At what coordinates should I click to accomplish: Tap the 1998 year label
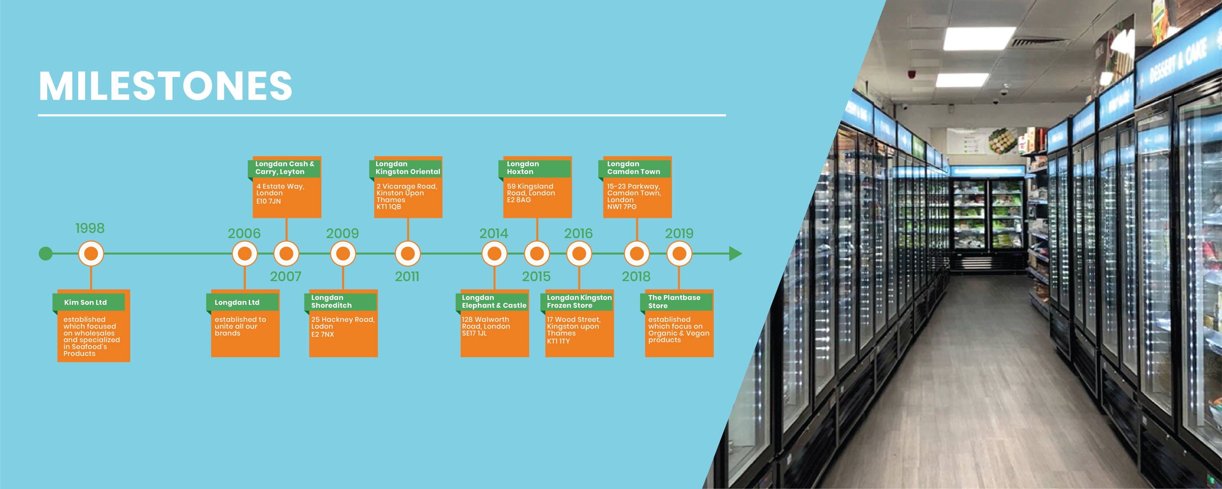click(90, 228)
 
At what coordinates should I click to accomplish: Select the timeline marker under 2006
click(245, 253)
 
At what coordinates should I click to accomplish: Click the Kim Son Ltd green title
click(86, 302)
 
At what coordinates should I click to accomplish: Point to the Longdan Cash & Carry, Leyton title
click(285, 167)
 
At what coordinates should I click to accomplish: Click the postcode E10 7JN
click(268, 201)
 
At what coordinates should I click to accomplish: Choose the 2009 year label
click(342, 233)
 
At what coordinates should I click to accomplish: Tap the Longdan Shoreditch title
click(331, 302)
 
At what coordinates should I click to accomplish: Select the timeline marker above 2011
click(407, 253)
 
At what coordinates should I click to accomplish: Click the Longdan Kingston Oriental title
click(407, 167)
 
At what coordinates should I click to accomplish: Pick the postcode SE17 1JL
click(475, 333)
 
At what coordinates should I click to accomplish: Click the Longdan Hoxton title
click(523, 167)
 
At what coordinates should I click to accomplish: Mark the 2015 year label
click(536, 276)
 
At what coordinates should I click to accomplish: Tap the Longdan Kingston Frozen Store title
click(579, 302)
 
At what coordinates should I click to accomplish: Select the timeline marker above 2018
click(637, 253)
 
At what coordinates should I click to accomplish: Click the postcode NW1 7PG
click(622, 207)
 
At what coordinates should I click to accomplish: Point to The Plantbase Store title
click(674, 302)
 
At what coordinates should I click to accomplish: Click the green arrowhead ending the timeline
click(735, 253)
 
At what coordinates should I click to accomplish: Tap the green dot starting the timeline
click(46, 253)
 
